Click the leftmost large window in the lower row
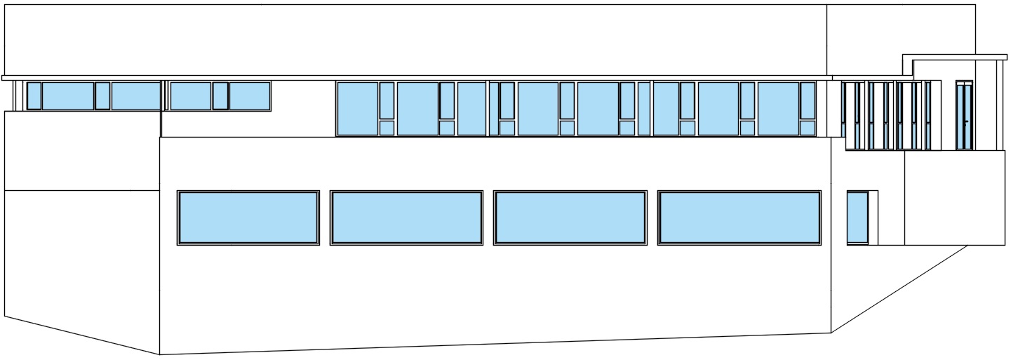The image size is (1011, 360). click(248, 218)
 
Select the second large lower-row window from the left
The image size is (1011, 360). click(406, 218)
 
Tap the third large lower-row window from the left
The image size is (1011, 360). click(570, 218)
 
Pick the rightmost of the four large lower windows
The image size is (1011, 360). click(739, 218)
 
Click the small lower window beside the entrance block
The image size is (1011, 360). click(857, 218)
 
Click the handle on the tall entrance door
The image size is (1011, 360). click(967, 121)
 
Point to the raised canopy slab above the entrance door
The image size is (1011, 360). click(954, 57)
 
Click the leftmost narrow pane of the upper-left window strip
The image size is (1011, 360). click(34, 96)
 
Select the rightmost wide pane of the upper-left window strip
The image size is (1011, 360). click(250, 96)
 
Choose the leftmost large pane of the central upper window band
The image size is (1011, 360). click(357, 109)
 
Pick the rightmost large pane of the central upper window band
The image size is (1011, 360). click(778, 109)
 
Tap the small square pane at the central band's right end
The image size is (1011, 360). click(808, 128)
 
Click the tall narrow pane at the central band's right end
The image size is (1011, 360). click(808, 100)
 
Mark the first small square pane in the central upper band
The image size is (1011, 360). click(387, 128)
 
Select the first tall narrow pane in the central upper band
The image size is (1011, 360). click(387, 100)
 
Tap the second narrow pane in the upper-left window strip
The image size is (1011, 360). click(102, 96)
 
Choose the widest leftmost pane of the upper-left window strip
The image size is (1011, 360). click(68, 96)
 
